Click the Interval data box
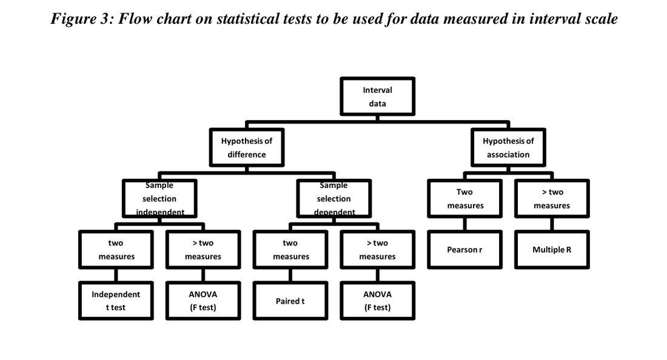click(377, 96)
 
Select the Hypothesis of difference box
click(246, 147)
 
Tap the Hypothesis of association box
click(508, 147)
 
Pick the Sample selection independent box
click(159, 199)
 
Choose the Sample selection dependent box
click(333, 199)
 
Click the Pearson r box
click(464, 249)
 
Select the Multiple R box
click(552, 249)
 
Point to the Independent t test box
click(116, 301)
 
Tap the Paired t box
click(290, 301)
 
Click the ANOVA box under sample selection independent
click(203, 301)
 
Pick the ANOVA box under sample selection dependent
click(377, 301)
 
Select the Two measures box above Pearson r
click(464, 199)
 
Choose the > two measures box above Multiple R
click(552, 199)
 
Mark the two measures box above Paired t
click(290, 249)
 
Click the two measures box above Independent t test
click(116, 249)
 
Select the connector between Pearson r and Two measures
click(464, 224)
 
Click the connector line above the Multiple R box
click(552, 224)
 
